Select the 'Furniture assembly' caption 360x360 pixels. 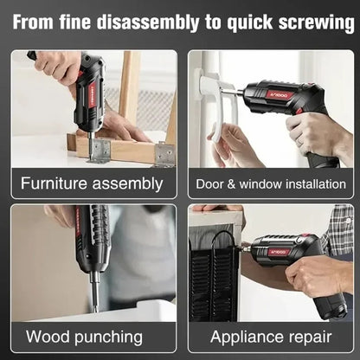point(93,183)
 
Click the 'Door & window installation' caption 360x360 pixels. point(268,183)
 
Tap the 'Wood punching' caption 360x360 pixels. point(84,336)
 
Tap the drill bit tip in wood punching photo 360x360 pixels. point(95,303)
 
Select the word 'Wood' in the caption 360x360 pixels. point(48,336)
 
